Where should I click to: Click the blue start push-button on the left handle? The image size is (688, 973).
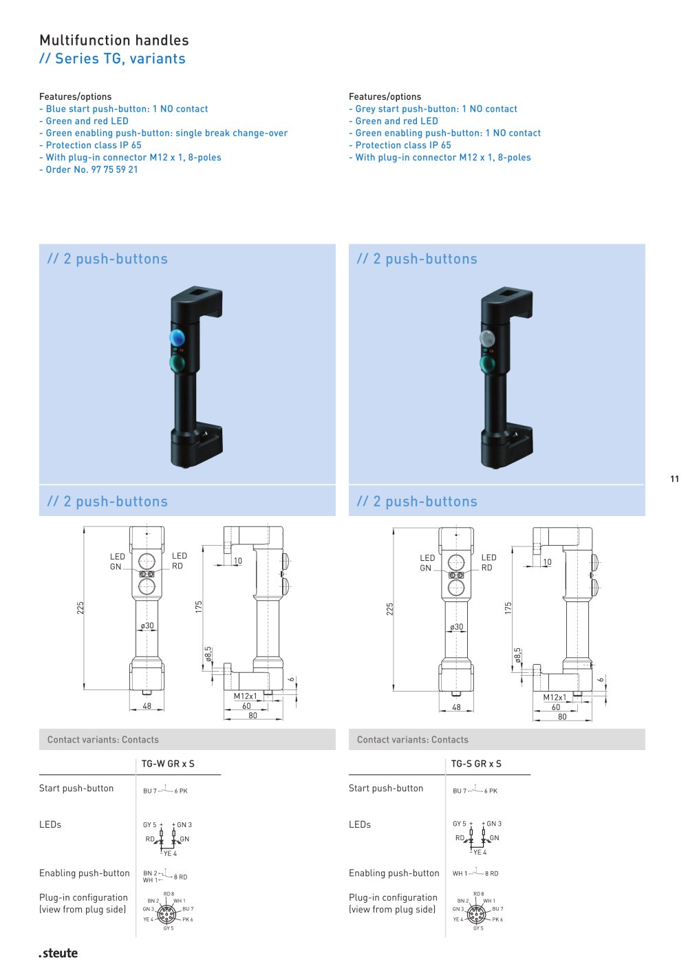pos(176,337)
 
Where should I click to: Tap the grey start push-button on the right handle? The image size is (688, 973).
pos(486,338)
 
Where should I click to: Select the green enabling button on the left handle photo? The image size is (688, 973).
pos(177,363)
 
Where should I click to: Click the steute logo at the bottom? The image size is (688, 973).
pos(58,953)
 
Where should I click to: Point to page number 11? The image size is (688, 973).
pos(674,479)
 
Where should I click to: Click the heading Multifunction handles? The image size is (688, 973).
pos(114,41)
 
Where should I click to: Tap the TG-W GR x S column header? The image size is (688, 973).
pos(168,764)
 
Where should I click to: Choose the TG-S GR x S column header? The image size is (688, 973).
pos(476,764)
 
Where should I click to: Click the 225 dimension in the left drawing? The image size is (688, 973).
pos(80,608)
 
